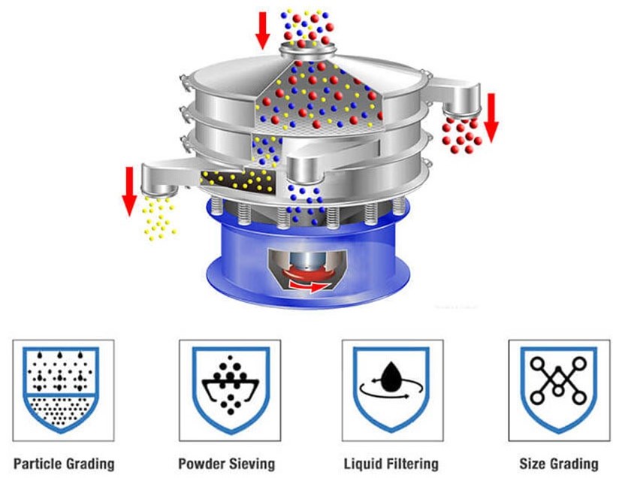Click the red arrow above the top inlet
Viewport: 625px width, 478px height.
pos(262,29)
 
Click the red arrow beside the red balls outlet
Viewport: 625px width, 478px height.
pos(491,116)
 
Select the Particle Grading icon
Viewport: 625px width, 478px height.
pos(62,390)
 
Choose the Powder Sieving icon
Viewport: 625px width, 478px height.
pos(229,390)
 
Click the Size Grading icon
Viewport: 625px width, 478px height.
pos(559,390)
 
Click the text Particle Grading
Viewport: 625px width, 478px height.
pos(64,463)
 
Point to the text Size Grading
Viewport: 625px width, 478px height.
pos(559,463)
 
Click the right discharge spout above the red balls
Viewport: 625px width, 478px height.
pos(460,101)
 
